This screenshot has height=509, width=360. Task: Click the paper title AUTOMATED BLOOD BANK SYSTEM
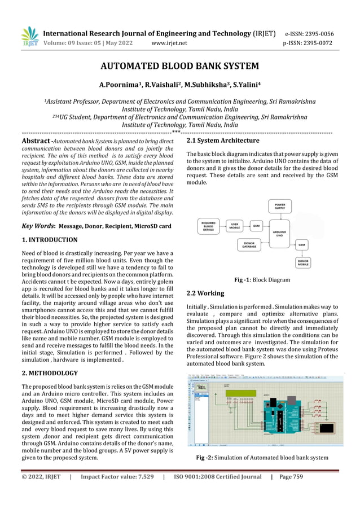179,66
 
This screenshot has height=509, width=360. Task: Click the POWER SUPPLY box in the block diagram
279,205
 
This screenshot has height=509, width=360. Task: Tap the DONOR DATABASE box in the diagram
249,245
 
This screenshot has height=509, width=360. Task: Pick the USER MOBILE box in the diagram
237,226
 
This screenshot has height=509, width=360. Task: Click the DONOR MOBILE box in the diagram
302,262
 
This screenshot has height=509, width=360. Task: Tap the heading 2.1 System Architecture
222,141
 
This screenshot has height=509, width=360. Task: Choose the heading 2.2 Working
205,293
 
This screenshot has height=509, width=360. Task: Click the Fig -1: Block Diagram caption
262,280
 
